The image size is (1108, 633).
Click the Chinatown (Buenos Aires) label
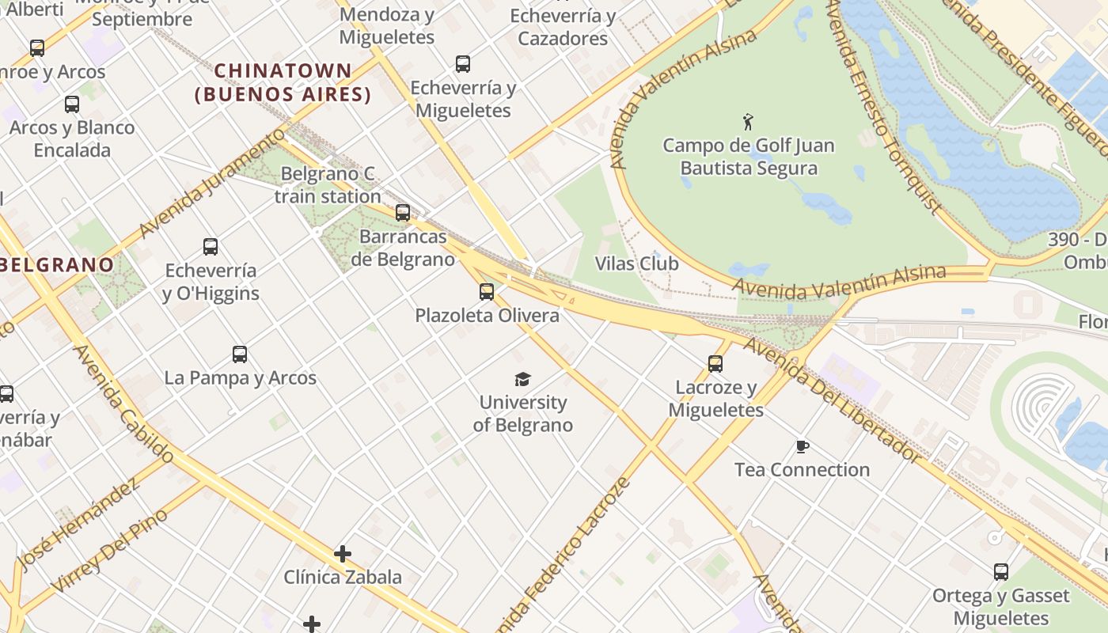(x=283, y=82)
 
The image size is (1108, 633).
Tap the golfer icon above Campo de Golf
(x=748, y=122)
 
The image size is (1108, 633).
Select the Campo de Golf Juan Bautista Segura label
(x=749, y=157)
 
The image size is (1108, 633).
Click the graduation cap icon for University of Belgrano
(x=522, y=380)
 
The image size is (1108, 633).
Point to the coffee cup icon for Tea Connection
(x=803, y=447)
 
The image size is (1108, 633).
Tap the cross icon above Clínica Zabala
(x=342, y=554)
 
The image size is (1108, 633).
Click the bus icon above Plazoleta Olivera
(x=487, y=292)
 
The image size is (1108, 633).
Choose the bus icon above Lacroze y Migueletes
(x=715, y=364)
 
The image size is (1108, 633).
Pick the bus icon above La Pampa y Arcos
(x=240, y=354)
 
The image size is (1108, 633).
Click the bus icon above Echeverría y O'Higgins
(x=210, y=247)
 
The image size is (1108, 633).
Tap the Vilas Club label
(x=637, y=263)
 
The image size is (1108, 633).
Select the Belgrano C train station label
(x=328, y=185)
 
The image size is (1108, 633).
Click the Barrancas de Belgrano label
(x=404, y=248)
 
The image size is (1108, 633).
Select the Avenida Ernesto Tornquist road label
(x=884, y=107)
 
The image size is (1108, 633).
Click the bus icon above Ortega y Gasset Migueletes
(x=1001, y=571)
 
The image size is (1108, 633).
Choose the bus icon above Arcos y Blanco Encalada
(x=72, y=104)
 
